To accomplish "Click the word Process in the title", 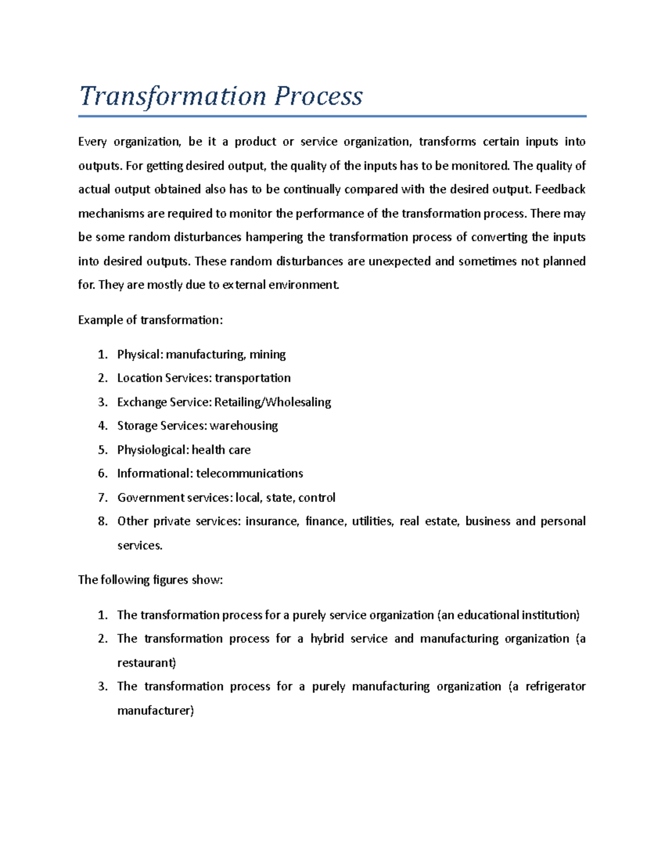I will [319, 96].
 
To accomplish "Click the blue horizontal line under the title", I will [332, 116].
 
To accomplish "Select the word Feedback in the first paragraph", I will [560, 190].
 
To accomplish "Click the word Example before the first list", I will [97, 320].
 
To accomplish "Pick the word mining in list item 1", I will [268, 355].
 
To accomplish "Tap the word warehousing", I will [244, 426].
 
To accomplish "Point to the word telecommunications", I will [249, 473].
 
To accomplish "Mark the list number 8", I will [102, 522].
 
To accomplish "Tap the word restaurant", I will [146, 663].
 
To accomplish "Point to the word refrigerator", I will [555, 687].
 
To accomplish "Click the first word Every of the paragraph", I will [92, 142].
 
